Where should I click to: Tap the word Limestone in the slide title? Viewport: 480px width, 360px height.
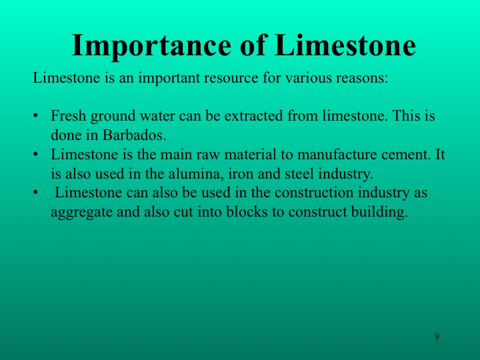(x=345, y=45)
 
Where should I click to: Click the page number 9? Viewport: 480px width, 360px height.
(x=437, y=337)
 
